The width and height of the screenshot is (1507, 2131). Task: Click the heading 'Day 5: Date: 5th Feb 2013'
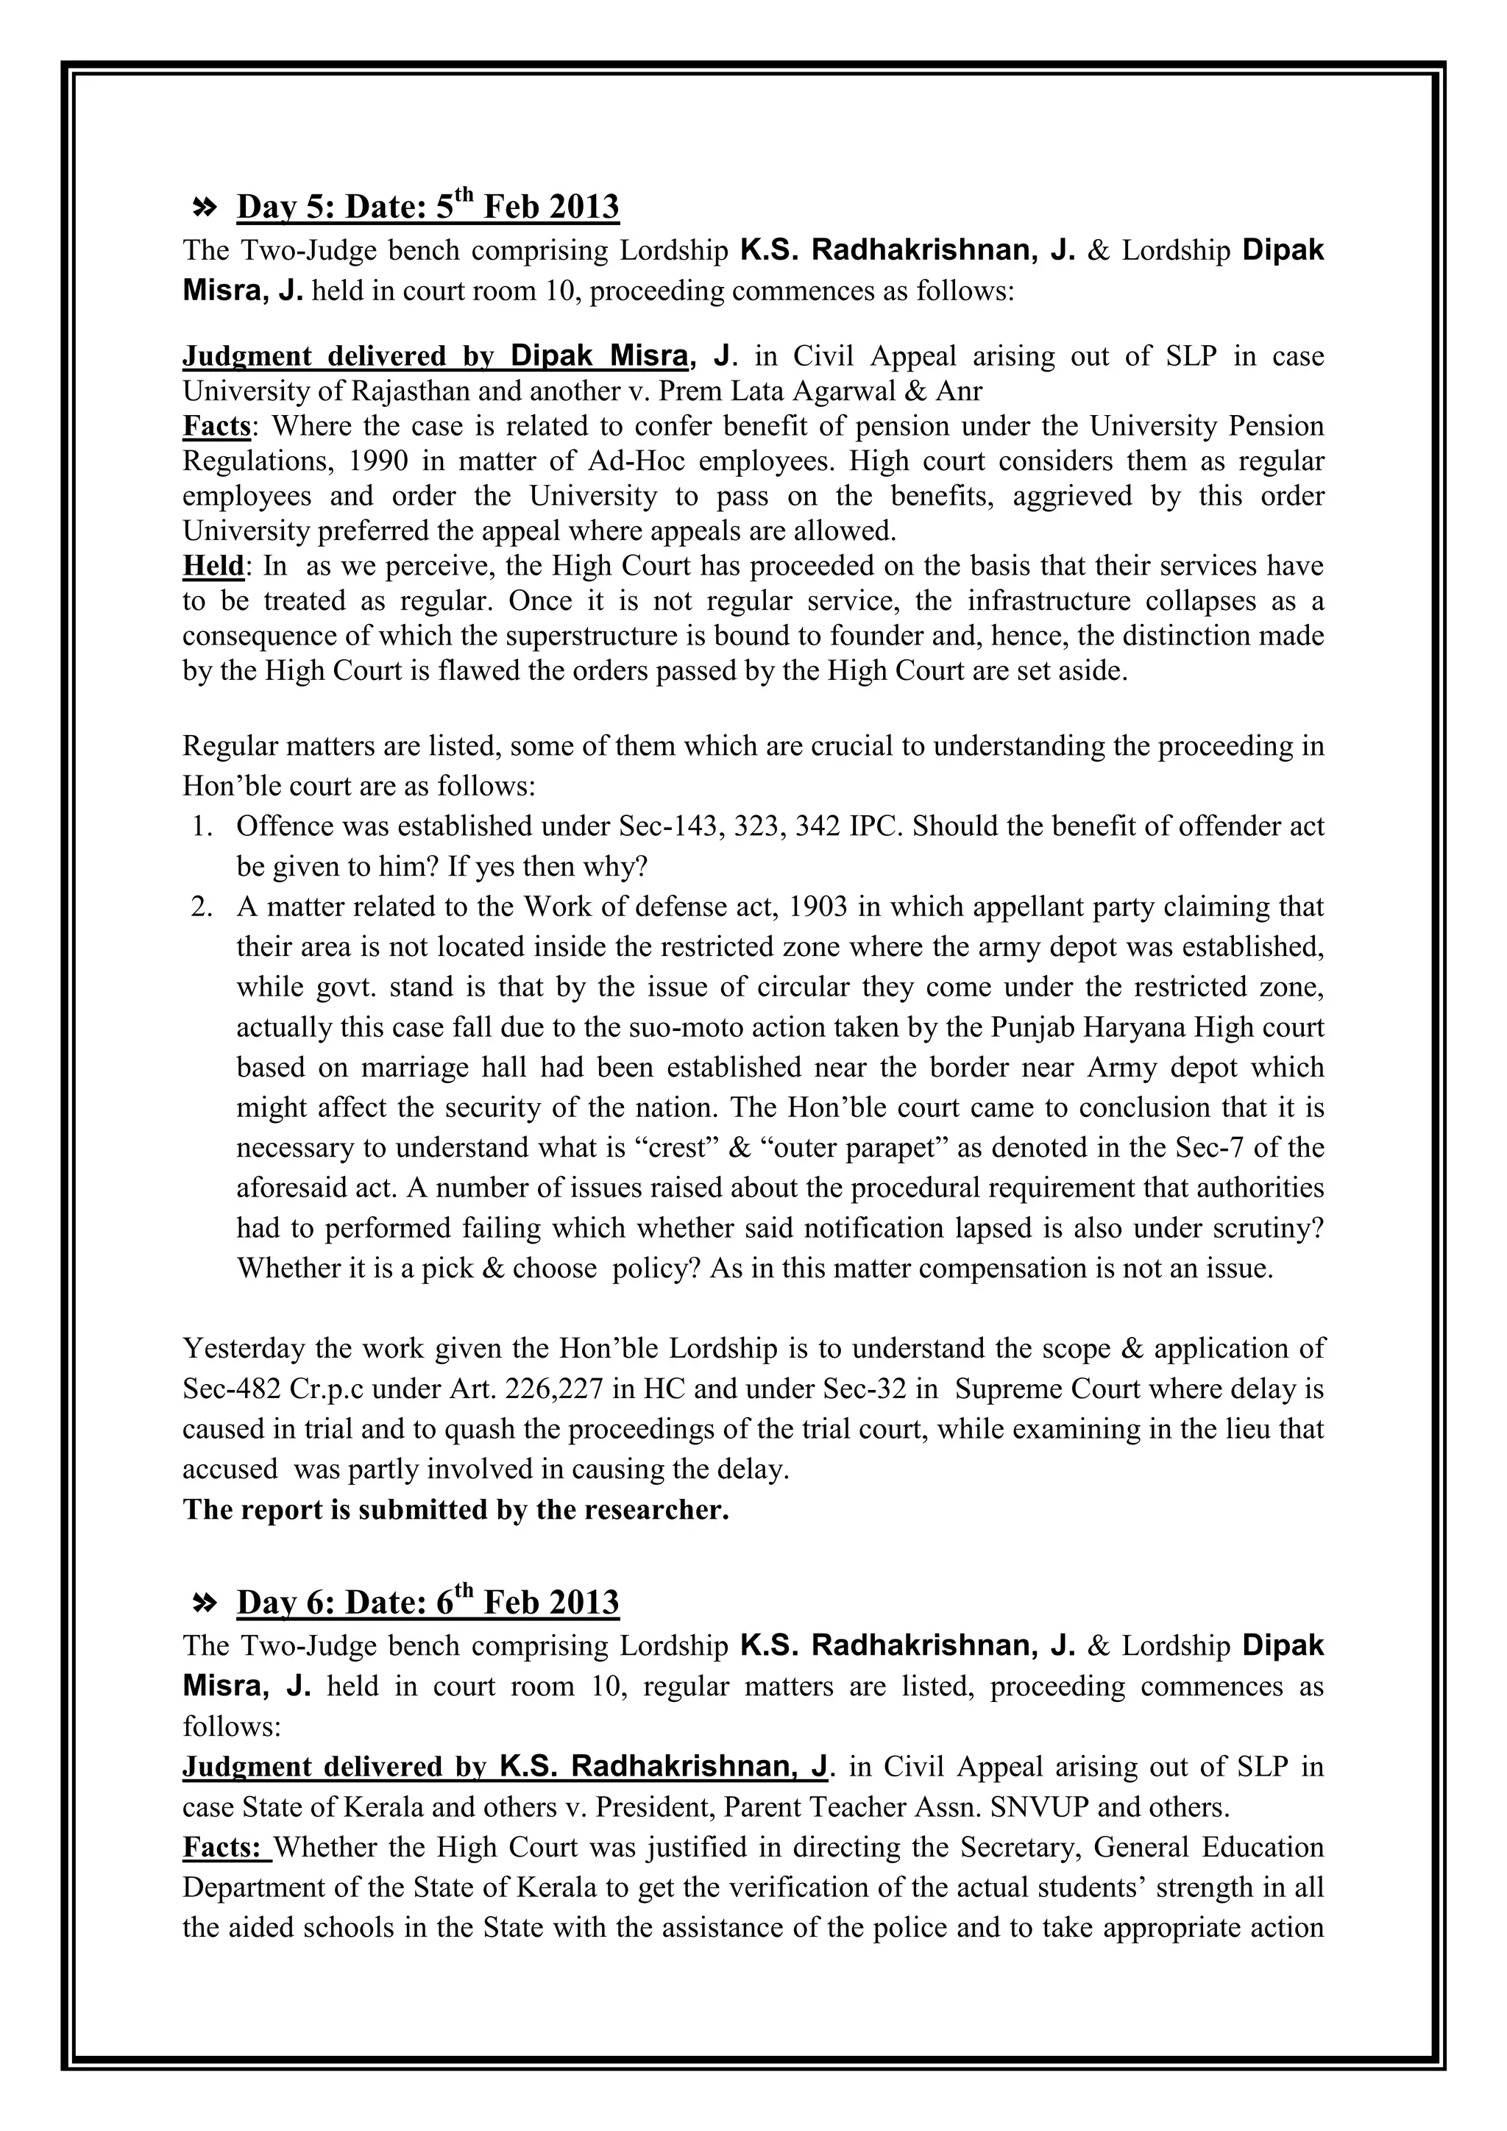428,207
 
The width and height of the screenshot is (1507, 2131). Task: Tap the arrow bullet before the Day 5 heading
203,208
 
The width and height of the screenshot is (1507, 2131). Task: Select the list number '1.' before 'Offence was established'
203,826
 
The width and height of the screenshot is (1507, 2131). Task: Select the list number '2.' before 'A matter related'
203,907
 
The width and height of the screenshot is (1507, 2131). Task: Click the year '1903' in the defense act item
817,907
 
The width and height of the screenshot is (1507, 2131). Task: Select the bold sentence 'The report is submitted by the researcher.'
455,1510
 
